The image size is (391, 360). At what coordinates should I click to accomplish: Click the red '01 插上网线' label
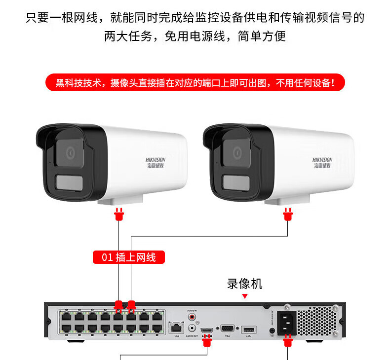pos(129,257)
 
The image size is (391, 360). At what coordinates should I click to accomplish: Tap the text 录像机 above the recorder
pos(245,284)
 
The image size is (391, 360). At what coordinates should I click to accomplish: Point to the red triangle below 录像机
pos(245,296)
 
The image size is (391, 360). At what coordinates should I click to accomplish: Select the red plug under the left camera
pos(118,215)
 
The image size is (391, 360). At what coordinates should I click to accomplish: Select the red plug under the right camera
pos(288,215)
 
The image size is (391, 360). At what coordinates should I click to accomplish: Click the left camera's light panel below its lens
pos(69,181)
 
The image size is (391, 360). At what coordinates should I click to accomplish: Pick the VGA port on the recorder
pos(228,329)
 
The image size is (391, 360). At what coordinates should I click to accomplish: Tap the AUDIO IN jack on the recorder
pos(192,316)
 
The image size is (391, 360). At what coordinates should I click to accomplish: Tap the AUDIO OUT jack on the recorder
pos(192,327)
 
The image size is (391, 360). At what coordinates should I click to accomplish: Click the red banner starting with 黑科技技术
pos(195,82)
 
